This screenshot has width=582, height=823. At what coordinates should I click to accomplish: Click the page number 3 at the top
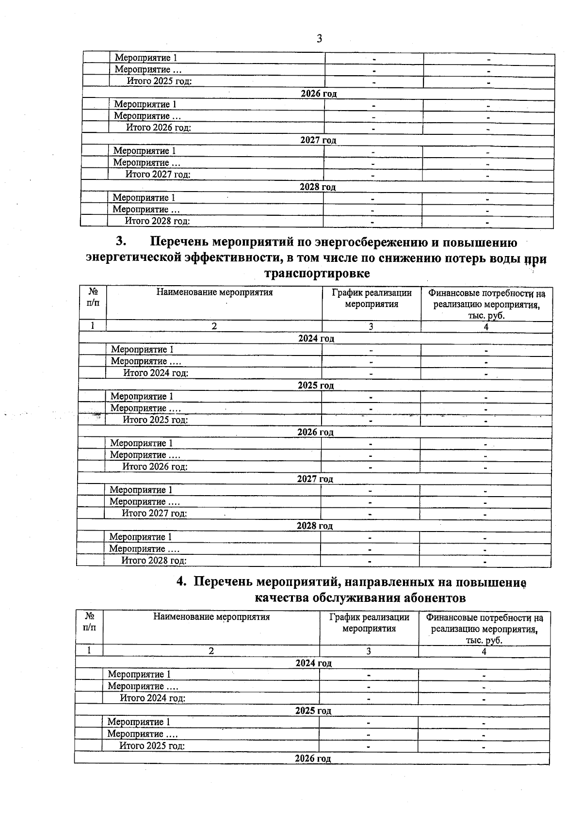(319, 39)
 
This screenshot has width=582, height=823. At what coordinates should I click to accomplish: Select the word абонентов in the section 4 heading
(433, 598)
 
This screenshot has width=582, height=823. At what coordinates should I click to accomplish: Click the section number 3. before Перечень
(121, 242)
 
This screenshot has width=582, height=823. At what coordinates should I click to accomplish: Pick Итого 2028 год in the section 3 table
(154, 561)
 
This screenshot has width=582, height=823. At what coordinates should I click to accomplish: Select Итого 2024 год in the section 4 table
(153, 698)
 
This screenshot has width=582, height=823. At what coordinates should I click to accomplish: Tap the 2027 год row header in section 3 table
(315, 479)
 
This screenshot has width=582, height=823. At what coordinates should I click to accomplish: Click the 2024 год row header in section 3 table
(316, 339)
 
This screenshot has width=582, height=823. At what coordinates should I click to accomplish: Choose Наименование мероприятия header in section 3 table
(214, 292)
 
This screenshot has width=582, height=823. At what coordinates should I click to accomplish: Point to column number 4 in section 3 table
(486, 327)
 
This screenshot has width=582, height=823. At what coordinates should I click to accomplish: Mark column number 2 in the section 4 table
(211, 651)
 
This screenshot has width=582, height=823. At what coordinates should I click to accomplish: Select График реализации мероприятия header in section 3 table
(372, 298)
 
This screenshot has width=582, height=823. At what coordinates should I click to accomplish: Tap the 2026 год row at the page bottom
(313, 758)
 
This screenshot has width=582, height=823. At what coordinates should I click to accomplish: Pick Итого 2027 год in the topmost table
(158, 174)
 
